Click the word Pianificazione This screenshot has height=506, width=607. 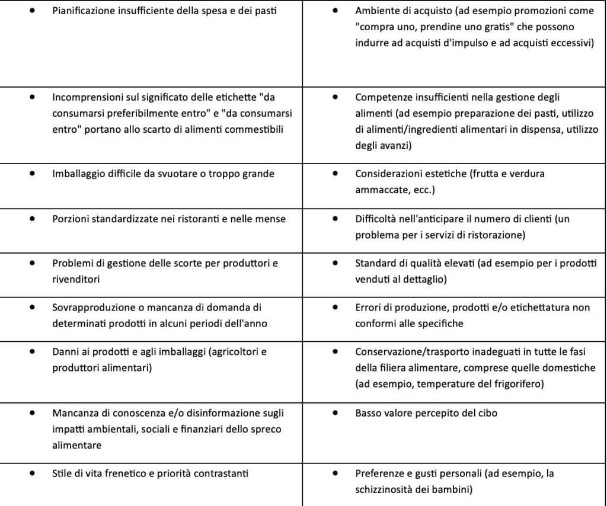(81, 11)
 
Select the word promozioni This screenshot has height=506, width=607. (497, 11)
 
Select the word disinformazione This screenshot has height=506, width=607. (200, 414)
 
